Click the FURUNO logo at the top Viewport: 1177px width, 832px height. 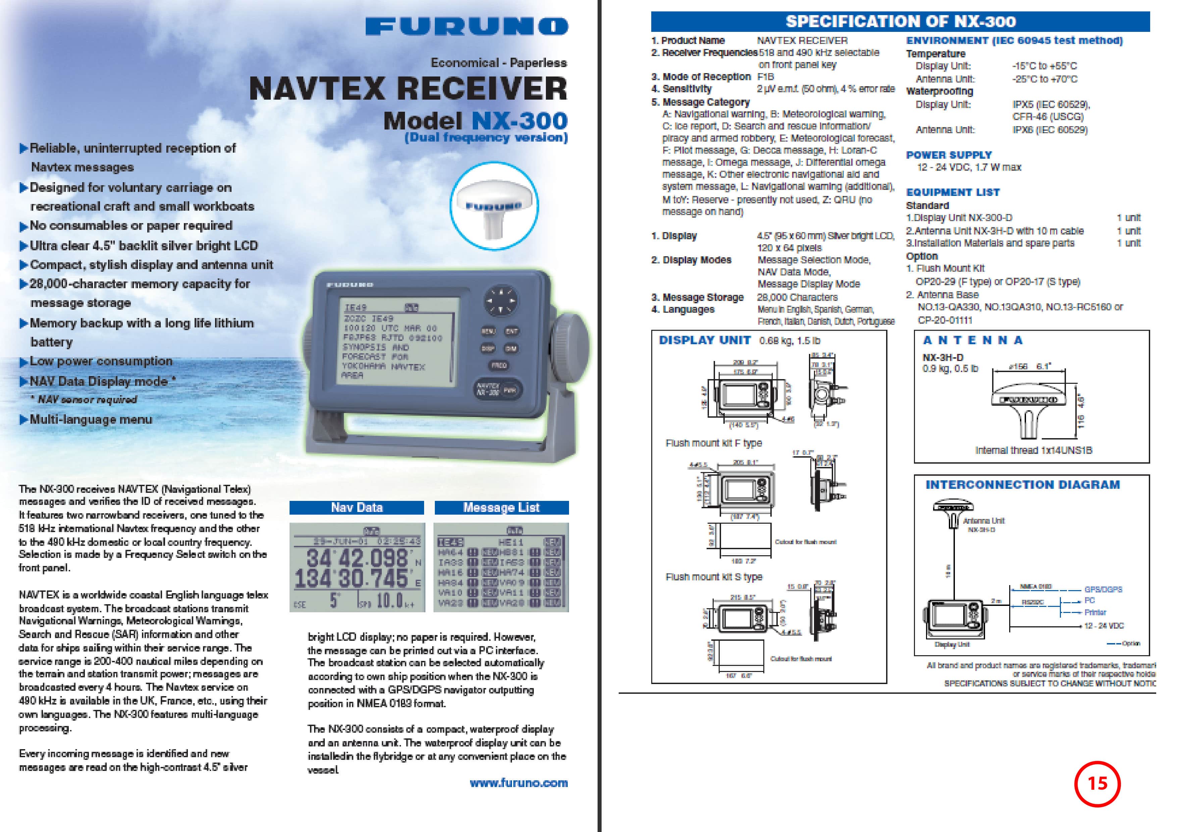point(466,27)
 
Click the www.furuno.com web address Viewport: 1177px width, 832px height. point(518,783)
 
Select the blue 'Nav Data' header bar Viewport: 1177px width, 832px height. point(357,508)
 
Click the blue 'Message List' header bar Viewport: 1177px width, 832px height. point(501,508)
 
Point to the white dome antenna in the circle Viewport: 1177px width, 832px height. point(494,208)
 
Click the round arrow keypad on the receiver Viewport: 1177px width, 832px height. point(501,300)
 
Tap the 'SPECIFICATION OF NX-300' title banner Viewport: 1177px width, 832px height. point(900,21)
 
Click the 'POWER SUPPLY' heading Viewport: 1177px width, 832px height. point(949,155)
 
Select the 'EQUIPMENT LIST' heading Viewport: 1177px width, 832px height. point(953,192)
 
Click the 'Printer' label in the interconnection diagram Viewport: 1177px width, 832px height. point(1095,612)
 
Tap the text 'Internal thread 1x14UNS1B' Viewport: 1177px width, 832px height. point(1033,450)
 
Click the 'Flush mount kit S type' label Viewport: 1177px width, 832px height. point(714,577)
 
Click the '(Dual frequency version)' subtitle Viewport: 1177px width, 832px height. point(486,138)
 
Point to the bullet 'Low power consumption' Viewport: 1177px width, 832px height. point(101,361)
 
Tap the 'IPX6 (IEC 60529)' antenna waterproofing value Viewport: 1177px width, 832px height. point(1050,130)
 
